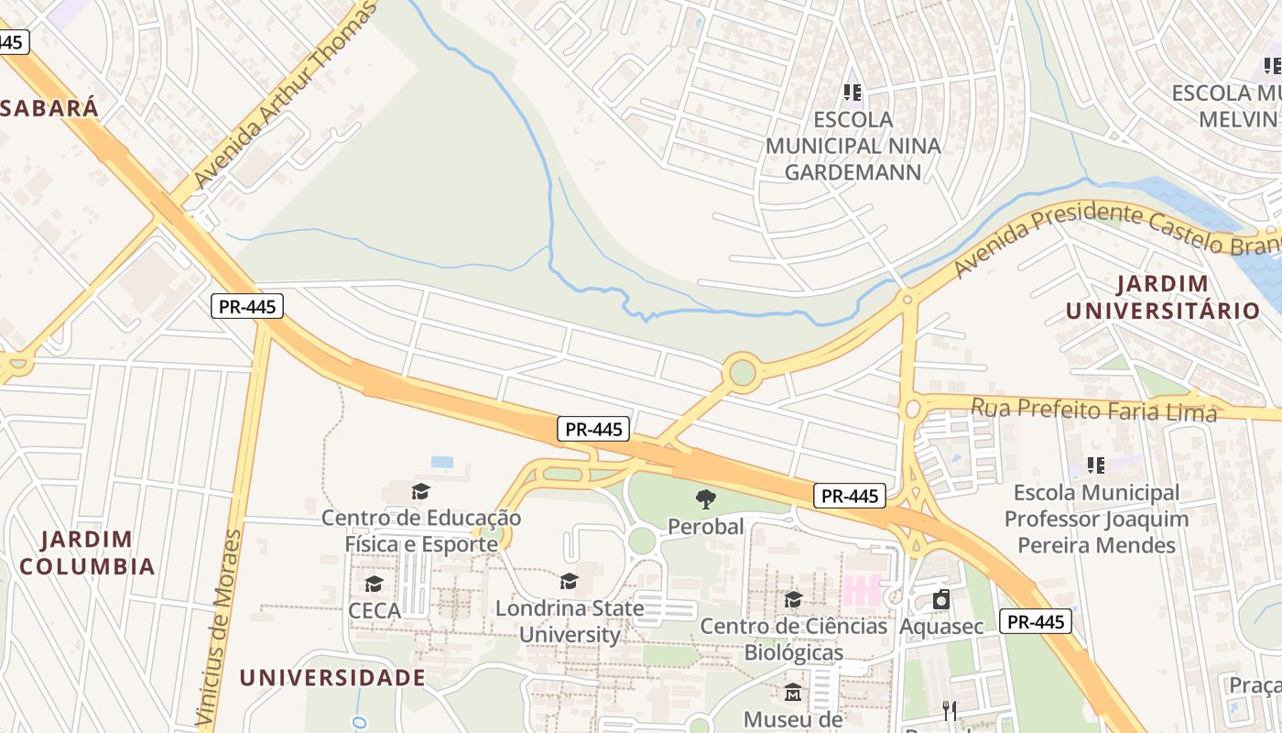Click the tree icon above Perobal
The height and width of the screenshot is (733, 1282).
tap(705, 499)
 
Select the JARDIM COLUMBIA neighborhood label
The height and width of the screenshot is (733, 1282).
tap(87, 552)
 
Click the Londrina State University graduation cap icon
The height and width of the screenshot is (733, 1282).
tap(569, 581)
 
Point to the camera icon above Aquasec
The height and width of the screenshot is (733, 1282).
tap(940, 600)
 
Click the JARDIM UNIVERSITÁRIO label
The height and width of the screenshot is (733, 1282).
tap(1162, 297)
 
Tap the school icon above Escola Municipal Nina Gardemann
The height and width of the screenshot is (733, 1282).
tap(853, 93)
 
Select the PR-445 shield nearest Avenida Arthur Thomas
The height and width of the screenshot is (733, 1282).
tap(247, 306)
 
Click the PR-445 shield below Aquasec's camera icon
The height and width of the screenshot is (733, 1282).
tap(1035, 621)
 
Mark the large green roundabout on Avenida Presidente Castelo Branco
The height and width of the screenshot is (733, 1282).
tap(742, 372)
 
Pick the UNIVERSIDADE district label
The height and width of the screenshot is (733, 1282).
tap(332, 678)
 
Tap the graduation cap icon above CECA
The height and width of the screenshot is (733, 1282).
tap(374, 584)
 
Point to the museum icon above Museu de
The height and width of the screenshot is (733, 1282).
tap(793, 692)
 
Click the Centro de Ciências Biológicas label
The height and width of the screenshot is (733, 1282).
tap(793, 640)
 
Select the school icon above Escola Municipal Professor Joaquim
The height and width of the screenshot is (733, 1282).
tap(1095, 465)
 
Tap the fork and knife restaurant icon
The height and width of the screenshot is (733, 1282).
tap(950, 710)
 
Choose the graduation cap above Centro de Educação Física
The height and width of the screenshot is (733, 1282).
tap(420, 491)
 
